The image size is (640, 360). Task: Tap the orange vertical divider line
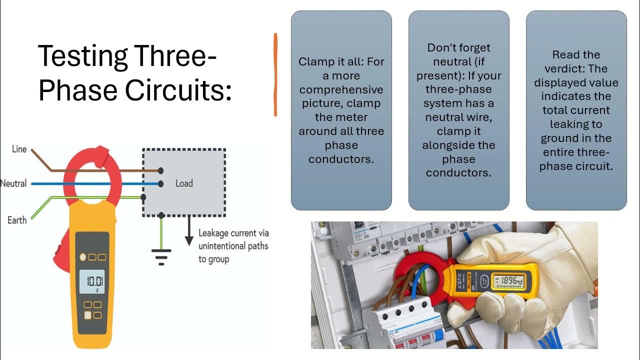[x=275, y=75]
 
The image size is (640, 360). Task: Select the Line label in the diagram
[x=19, y=149]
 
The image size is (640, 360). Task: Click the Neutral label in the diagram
[x=13, y=183]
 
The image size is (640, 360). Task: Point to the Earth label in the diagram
[x=17, y=220]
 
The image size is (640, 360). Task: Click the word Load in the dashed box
[x=184, y=183]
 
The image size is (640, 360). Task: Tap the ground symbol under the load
[x=161, y=255]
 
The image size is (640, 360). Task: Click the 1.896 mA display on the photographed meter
[x=510, y=281]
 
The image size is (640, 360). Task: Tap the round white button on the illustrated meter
[x=83, y=257]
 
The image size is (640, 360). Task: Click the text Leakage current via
[x=233, y=233]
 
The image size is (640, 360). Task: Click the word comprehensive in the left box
[x=341, y=90]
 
